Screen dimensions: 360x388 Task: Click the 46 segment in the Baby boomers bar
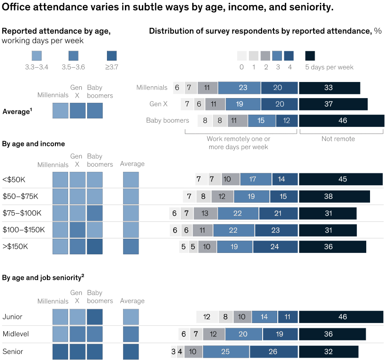coord(341,120)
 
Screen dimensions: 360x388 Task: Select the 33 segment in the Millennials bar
coord(329,88)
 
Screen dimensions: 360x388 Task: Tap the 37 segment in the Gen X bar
coord(333,104)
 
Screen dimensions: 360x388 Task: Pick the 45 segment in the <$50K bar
coord(341,179)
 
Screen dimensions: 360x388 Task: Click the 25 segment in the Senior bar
coord(226,351)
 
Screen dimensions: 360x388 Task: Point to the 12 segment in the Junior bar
coord(207,317)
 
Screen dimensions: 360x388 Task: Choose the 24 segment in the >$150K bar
coord(275,246)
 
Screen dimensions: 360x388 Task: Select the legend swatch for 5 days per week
coord(310,56)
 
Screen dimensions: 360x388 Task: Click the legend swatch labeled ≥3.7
coord(112,56)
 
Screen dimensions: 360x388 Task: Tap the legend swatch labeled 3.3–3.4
coord(36,56)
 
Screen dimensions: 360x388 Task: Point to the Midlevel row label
coord(16,334)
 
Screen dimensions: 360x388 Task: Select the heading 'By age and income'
coord(34,144)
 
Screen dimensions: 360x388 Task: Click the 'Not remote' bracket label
coord(338,139)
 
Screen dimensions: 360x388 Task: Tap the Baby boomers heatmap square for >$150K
coord(95,247)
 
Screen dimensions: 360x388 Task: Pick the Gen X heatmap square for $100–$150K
coord(78,230)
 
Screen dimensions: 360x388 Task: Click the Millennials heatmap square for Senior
coord(60,351)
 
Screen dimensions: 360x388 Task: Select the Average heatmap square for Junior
coord(131,317)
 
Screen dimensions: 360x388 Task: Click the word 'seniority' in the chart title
coord(309,7)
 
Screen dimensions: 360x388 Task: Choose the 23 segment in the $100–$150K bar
coord(276,230)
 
